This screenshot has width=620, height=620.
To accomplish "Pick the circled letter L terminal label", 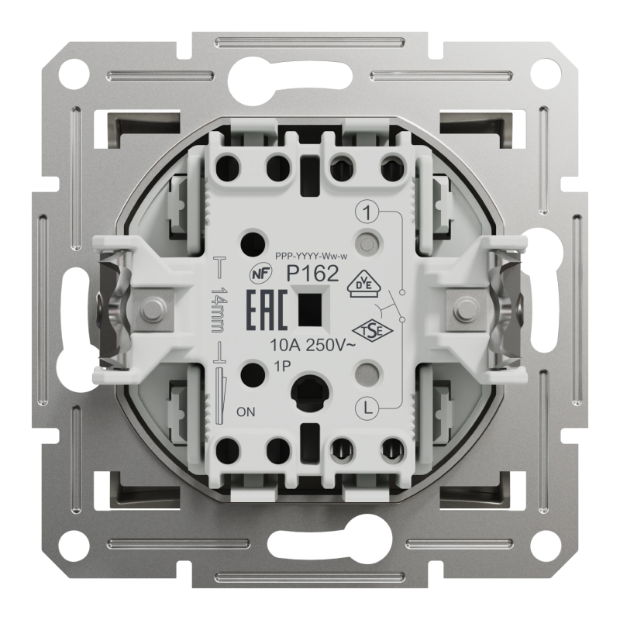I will [367, 407].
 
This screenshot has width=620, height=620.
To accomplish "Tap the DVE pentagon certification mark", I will [363, 284].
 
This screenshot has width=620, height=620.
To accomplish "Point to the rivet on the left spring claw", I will [151, 308].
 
